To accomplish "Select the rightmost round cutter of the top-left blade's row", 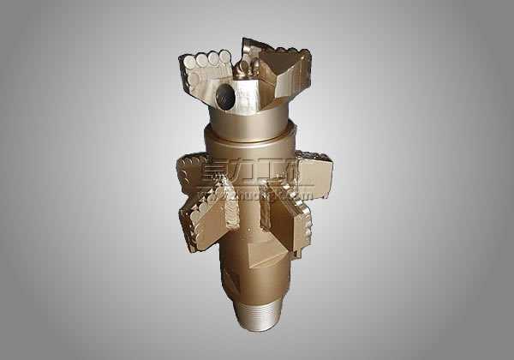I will click(225, 57).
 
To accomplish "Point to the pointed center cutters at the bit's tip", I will click(246, 64).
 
